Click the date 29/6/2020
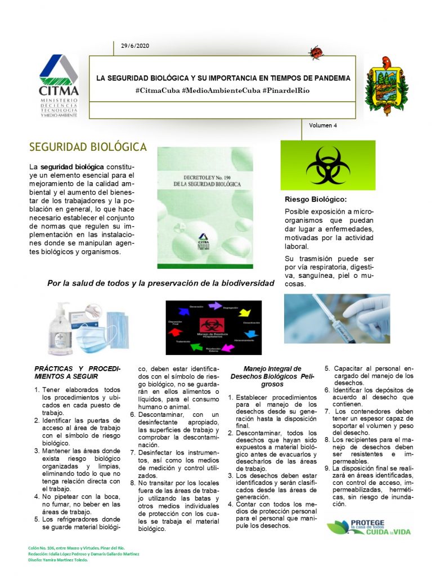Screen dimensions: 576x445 click(134, 46)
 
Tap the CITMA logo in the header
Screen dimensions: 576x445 click(59, 85)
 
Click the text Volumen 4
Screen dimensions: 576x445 click(323, 125)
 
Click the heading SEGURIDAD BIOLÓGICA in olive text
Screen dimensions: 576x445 click(88, 147)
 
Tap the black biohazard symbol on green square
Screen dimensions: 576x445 click(328, 165)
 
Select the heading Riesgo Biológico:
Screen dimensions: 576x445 click(315, 200)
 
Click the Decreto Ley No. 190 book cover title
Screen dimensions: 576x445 click(205, 180)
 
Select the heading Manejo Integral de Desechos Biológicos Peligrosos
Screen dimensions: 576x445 click(272, 376)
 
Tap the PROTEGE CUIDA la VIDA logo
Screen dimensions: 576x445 click(368, 527)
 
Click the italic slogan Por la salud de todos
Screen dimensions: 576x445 click(161, 283)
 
